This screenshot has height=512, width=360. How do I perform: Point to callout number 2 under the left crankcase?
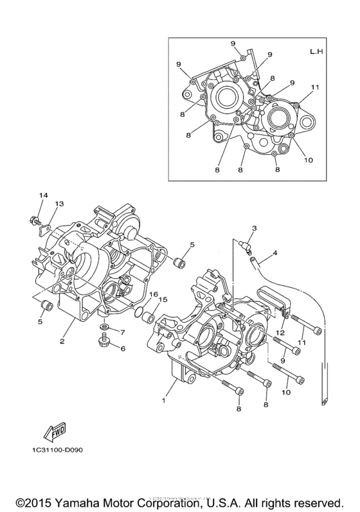62,341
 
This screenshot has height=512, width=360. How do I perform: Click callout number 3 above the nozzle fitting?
255,228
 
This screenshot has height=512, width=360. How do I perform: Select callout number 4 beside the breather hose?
275,254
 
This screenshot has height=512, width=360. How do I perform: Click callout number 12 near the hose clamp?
280,333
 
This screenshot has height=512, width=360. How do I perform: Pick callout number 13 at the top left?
59,204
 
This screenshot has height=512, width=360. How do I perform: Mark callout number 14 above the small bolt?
43,195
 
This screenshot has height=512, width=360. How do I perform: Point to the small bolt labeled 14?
33,222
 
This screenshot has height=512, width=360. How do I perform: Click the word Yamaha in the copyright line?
82,500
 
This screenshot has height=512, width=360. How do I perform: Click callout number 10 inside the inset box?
309,160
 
